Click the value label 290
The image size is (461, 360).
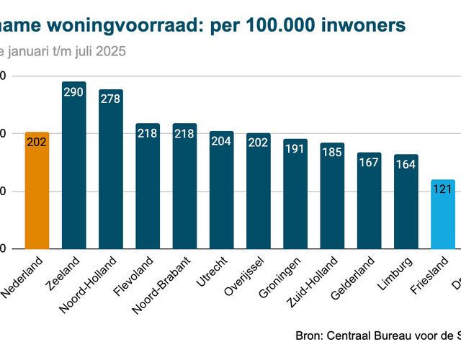pyautogui.click(x=73, y=92)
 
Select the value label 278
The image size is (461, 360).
pyautogui.click(x=110, y=100)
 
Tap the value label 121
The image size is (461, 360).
pyautogui.click(x=442, y=189)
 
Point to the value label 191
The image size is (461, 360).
pyautogui.click(x=295, y=149)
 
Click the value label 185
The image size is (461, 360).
pyautogui.click(x=331, y=153)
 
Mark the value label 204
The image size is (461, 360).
pyautogui.click(x=221, y=142)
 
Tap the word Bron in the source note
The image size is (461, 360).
pyautogui.click(x=310, y=336)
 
